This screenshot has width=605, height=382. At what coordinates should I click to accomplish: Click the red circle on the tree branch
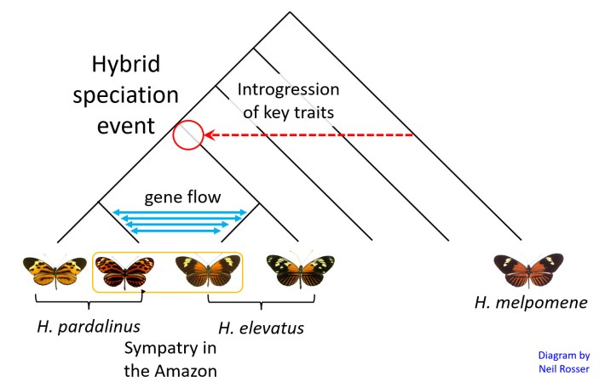[x=187, y=135]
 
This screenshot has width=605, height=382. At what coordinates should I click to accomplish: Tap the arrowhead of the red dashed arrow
[x=208, y=134]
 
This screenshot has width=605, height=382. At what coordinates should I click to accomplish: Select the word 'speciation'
[x=124, y=95]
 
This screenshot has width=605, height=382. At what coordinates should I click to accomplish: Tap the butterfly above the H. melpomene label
[x=529, y=270]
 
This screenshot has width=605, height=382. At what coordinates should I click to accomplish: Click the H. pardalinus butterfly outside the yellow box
[x=55, y=271]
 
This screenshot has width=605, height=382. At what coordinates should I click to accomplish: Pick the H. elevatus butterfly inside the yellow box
[x=205, y=271]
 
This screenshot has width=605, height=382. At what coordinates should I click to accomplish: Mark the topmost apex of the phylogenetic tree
[x=290, y=12]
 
